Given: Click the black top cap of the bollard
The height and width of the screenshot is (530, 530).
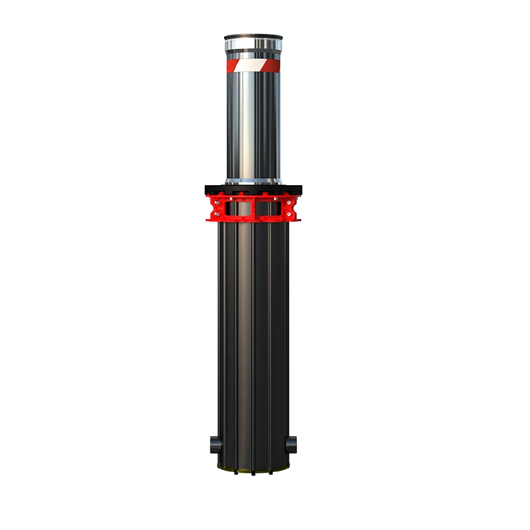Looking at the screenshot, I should click(252, 37).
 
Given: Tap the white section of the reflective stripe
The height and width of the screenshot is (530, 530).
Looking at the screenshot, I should click(252, 65).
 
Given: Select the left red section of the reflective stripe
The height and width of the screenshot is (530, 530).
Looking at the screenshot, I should click(232, 65).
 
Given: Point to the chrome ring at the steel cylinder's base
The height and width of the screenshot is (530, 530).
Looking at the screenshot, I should click(252, 180).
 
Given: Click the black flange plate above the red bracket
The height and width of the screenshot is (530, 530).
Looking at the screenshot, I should click(252, 189).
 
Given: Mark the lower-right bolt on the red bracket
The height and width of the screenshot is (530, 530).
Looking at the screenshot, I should click(288, 213).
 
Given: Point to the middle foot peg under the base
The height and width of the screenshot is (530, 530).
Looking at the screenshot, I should click(252, 474).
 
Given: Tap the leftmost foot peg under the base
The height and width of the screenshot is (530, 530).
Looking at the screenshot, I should click(235, 473).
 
